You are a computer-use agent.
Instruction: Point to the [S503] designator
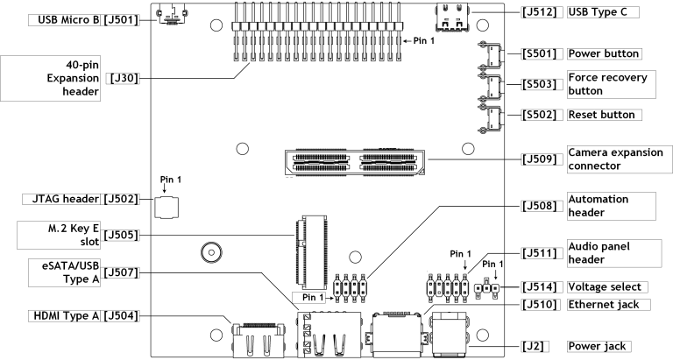539,85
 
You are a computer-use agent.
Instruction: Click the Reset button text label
600,115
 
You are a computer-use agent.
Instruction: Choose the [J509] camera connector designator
539,159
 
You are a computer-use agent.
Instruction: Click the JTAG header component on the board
166,207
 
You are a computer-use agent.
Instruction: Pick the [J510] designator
539,305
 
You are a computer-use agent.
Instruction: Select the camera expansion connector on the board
356,160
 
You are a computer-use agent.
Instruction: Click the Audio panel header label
609,253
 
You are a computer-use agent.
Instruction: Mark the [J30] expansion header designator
123,78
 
